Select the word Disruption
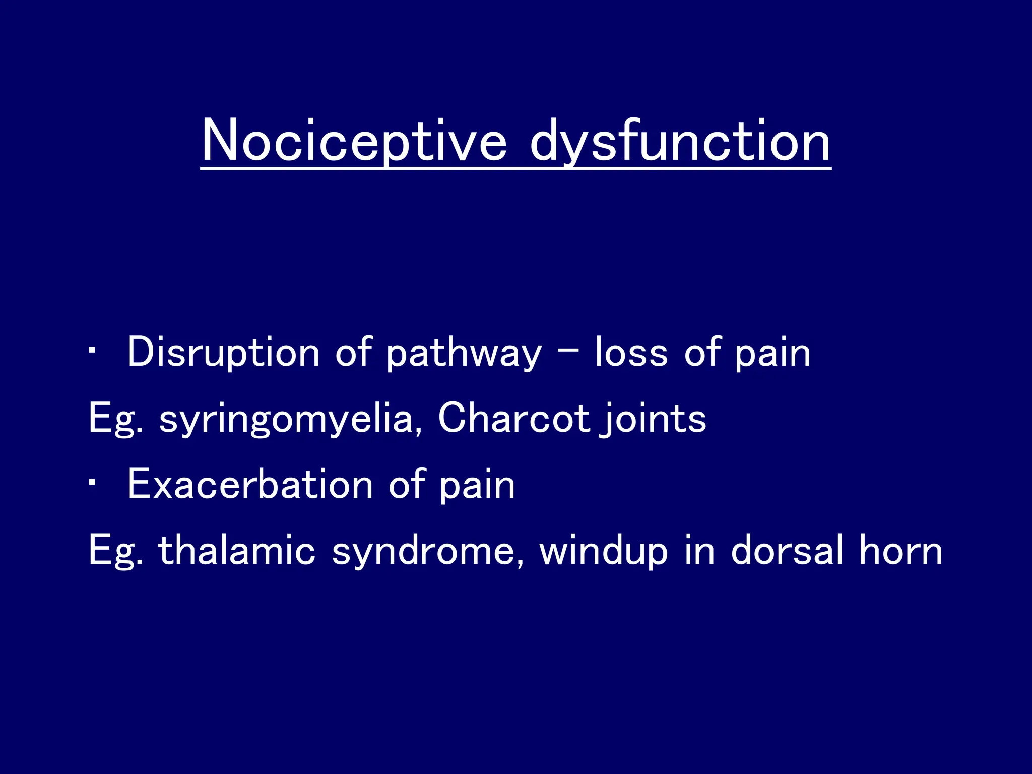point(223,353)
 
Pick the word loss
point(631,353)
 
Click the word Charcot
point(513,418)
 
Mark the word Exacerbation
point(250,484)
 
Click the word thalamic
point(236,550)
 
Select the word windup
point(603,551)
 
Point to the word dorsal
point(787,550)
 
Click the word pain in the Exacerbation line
point(477,485)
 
